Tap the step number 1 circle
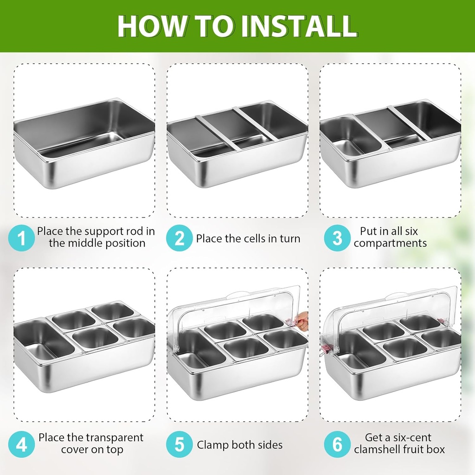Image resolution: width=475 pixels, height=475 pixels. tap(22, 238)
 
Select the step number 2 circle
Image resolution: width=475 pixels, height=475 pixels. tap(179, 238)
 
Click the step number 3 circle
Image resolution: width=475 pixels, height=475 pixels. tap(337, 238)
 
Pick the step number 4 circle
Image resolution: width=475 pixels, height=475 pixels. tap(22, 444)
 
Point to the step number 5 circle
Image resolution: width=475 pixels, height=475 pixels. tap(179, 444)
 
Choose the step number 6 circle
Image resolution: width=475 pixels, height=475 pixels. tap(337, 444)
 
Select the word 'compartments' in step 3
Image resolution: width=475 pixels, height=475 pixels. tap(390, 244)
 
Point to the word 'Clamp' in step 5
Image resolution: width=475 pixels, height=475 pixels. tap(213, 445)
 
